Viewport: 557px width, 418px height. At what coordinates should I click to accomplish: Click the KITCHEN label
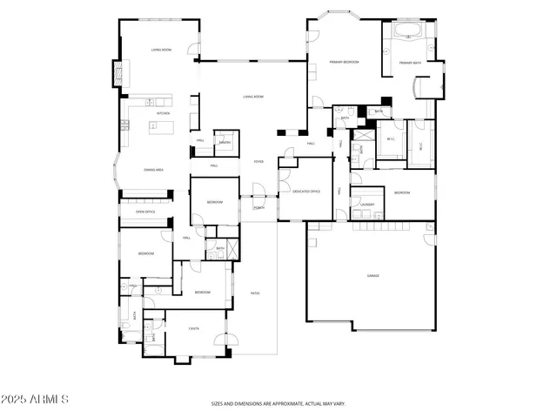pos(163,113)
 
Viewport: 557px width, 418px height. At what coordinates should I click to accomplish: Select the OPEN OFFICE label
pos(144,212)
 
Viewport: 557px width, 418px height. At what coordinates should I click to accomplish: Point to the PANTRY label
pos(224,142)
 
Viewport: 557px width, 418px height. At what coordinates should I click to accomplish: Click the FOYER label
pos(258,162)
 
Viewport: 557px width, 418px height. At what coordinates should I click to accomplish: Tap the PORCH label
pos(258,208)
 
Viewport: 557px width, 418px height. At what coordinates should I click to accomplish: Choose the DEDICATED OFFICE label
pos(304,191)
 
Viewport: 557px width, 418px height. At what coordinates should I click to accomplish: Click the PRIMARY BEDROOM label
pos(344,63)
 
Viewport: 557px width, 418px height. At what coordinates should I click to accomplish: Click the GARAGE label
pos(372,276)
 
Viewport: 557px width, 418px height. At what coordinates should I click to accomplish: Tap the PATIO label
pos(256,293)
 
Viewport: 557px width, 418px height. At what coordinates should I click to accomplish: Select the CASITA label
pos(194,328)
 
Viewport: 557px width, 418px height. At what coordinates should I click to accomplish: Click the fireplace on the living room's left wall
pos(116,75)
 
